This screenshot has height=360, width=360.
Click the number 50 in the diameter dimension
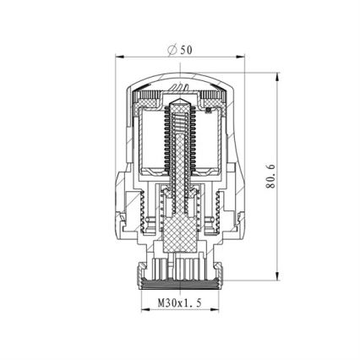[187, 50]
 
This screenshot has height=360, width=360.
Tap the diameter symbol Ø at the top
[173, 50]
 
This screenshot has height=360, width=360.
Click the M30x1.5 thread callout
[179, 302]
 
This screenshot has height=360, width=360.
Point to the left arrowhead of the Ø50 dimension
[120, 57]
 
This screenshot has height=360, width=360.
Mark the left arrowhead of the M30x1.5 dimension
[144, 309]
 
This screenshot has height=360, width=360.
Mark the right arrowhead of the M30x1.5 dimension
[215, 309]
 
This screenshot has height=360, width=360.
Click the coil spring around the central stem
[178, 144]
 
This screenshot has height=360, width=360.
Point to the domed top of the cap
[179, 79]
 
